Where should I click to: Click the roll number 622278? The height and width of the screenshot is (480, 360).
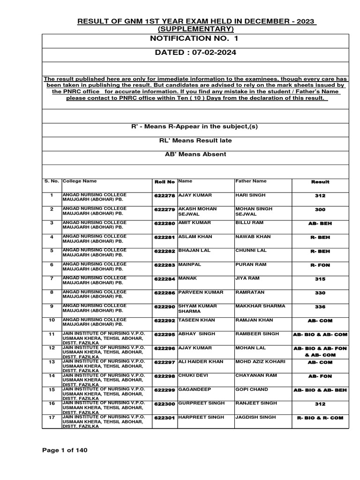(x=164, y=196)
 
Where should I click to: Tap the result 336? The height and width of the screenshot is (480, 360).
(x=320, y=307)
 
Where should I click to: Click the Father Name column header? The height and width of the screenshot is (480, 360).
(x=251, y=181)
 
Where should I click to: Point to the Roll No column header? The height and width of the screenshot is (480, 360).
(x=165, y=182)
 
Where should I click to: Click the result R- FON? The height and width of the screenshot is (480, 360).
(x=320, y=265)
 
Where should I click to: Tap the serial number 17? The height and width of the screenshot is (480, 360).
(x=52, y=418)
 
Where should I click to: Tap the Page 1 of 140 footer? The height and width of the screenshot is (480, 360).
(x=65, y=450)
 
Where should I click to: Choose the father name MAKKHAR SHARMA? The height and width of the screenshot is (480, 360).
(x=260, y=306)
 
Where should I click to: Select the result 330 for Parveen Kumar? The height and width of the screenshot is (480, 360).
(x=320, y=293)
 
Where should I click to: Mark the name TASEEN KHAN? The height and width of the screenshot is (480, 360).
(x=196, y=320)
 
